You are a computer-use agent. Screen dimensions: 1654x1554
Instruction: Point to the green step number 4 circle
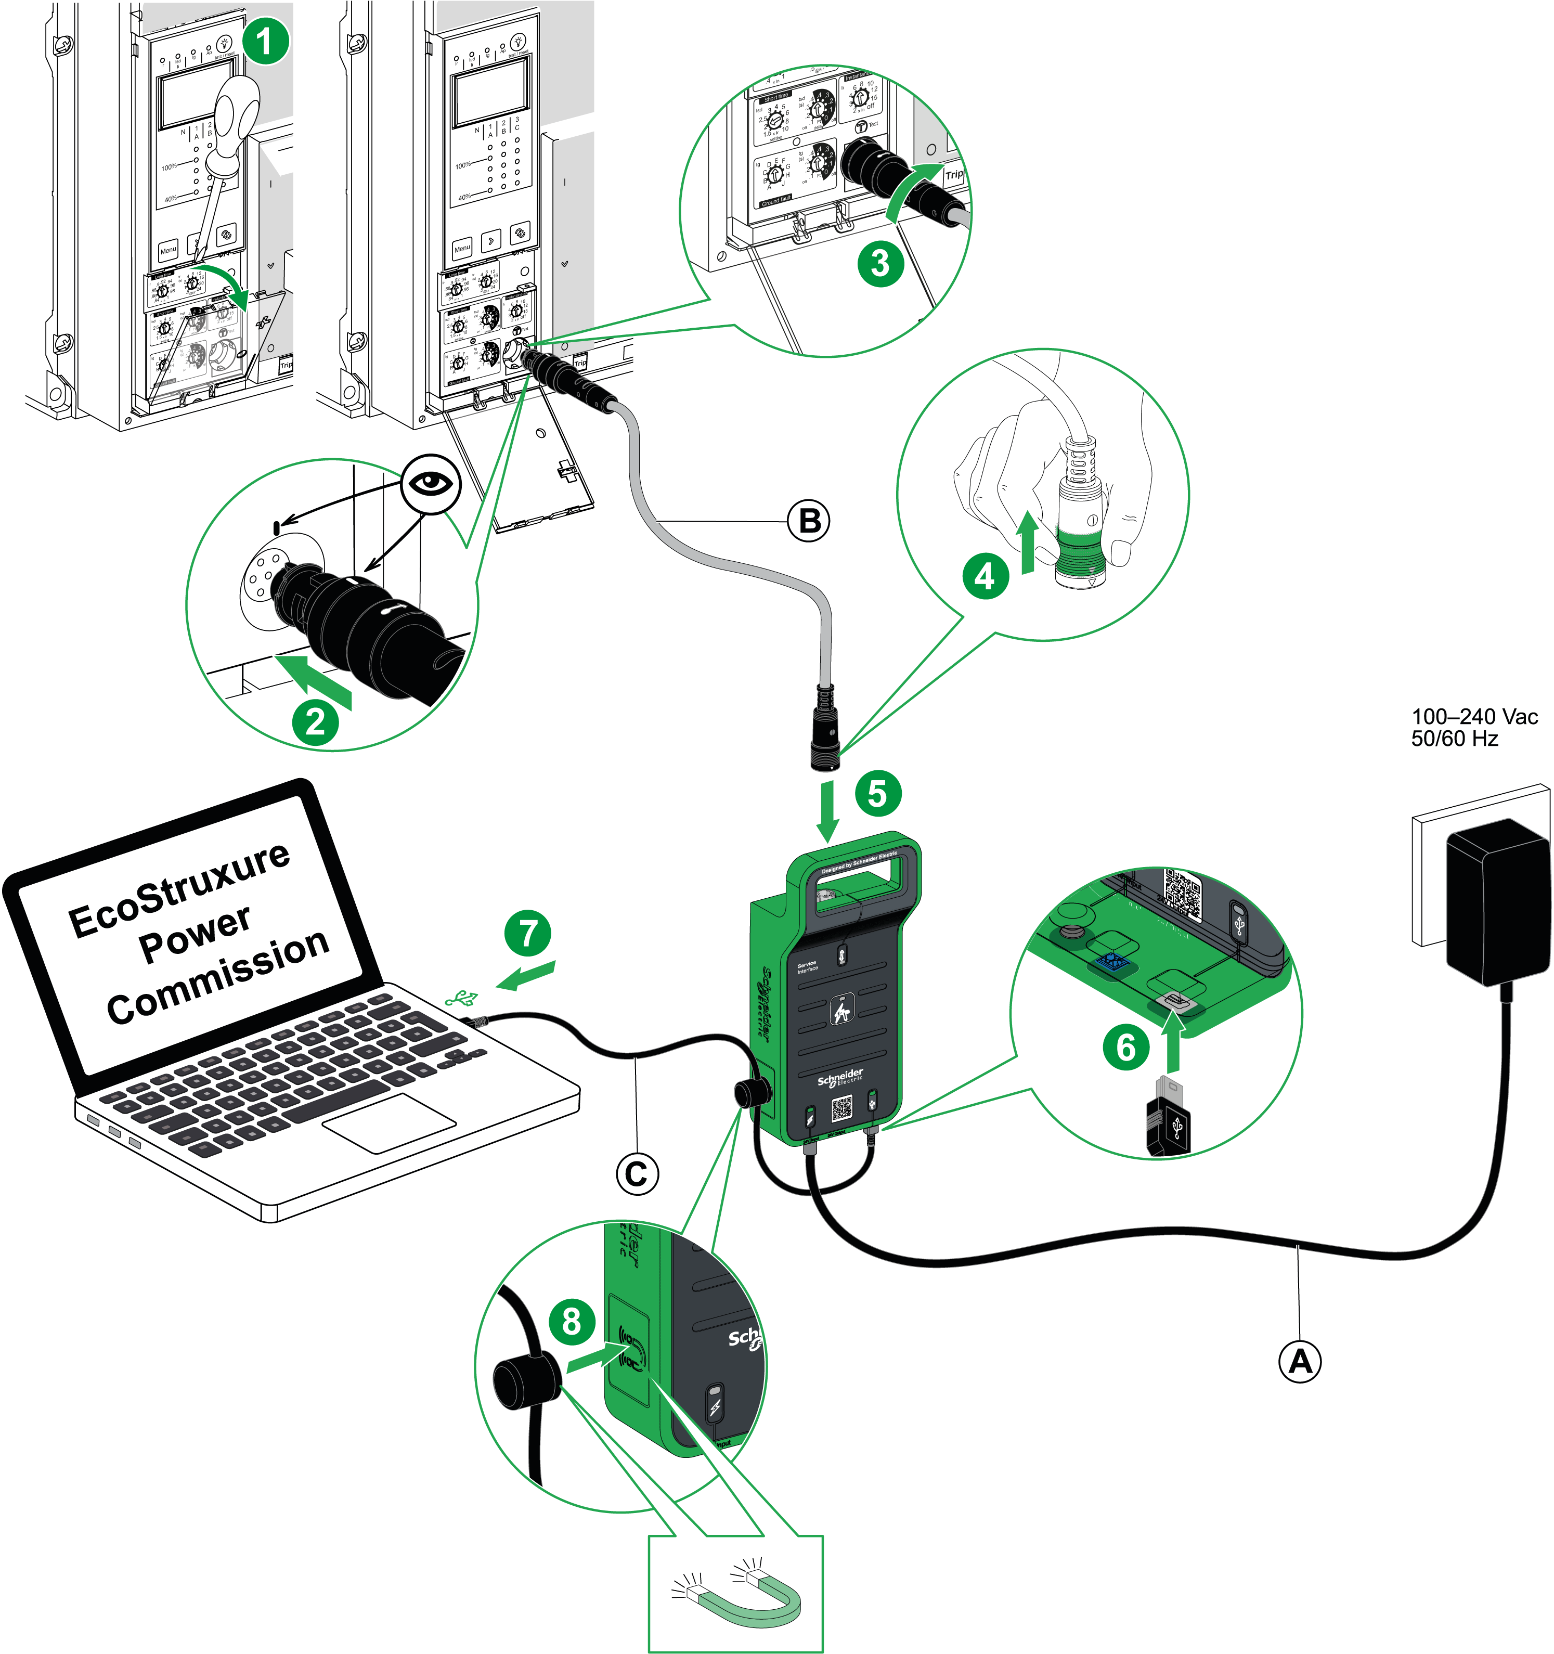coord(985,576)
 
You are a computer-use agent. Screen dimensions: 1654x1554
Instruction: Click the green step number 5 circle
coord(878,792)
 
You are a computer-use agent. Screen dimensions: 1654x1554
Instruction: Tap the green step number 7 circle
coord(528,933)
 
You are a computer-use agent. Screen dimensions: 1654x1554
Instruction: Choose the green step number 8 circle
coord(572,1321)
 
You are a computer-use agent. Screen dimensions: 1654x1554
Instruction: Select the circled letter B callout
coord(809,522)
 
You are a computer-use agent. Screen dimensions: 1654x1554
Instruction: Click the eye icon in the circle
coord(430,483)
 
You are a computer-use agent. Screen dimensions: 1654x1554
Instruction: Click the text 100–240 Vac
coord(1474,716)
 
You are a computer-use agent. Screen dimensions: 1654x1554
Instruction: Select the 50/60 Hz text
coord(1454,739)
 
